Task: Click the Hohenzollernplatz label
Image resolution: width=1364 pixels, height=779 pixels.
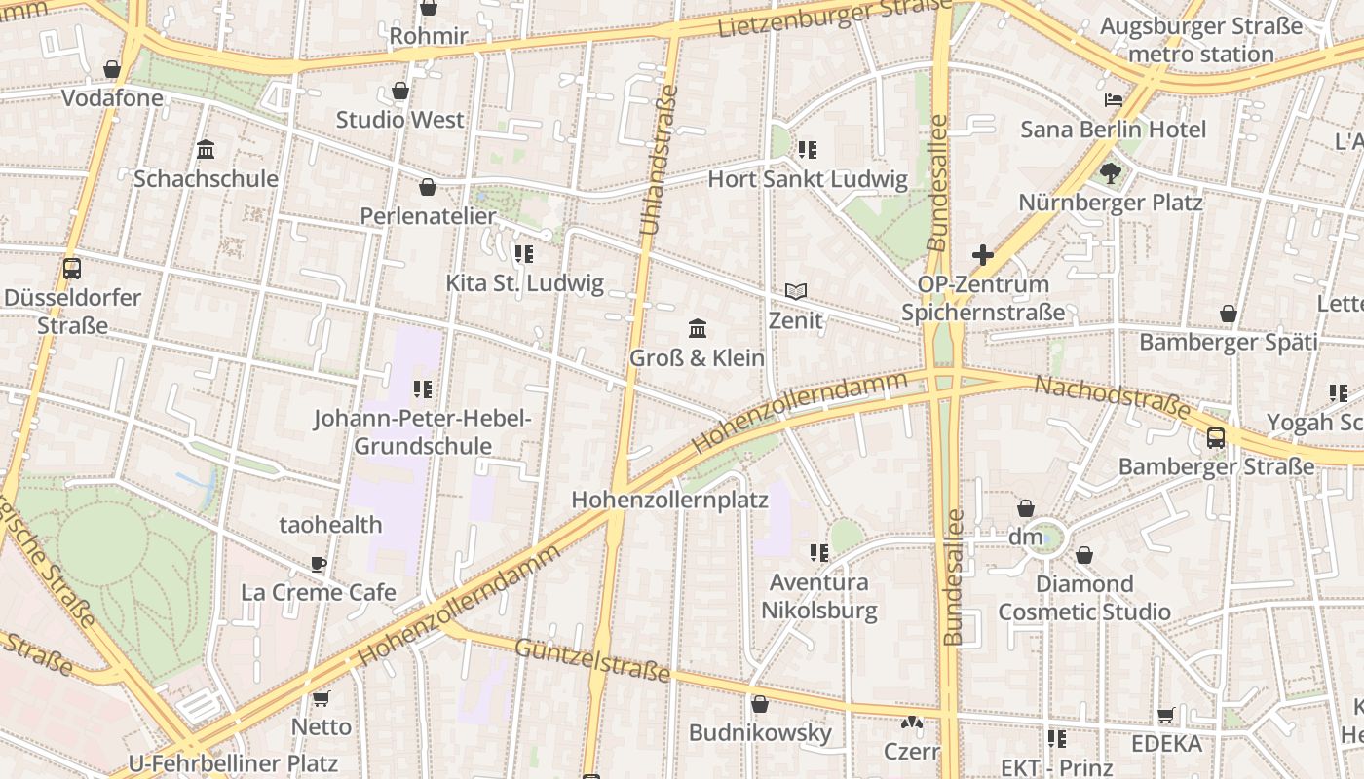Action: click(x=669, y=501)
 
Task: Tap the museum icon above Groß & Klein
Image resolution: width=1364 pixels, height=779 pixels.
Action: click(x=698, y=328)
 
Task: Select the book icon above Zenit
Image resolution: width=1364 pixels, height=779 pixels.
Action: click(x=796, y=291)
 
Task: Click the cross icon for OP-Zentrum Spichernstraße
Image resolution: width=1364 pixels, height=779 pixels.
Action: click(x=983, y=255)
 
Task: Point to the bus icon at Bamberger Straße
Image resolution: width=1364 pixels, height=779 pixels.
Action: click(x=1216, y=437)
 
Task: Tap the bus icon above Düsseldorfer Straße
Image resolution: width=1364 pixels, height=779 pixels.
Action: click(x=72, y=269)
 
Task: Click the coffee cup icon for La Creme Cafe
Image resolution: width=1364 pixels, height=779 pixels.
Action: click(x=319, y=564)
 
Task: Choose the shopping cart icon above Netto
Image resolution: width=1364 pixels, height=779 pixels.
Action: click(x=322, y=698)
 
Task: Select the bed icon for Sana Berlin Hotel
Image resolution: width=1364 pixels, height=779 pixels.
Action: click(x=1114, y=100)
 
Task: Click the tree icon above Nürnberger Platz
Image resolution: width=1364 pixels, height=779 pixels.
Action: click(x=1110, y=173)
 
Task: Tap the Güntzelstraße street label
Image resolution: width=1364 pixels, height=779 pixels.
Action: click(x=592, y=660)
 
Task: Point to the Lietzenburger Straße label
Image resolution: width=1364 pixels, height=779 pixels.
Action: click(x=834, y=19)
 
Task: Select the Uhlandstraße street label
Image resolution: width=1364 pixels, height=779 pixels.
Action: click(x=660, y=160)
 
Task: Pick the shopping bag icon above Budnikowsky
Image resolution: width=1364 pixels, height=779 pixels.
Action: click(x=760, y=704)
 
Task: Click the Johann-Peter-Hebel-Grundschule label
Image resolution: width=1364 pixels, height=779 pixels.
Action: click(x=422, y=432)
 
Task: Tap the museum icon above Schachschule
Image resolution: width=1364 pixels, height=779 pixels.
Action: click(x=206, y=150)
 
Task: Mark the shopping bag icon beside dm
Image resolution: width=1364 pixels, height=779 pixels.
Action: click(x=1026, y=508)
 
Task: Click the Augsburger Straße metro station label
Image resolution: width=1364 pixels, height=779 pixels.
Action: click(x=1201, y=40)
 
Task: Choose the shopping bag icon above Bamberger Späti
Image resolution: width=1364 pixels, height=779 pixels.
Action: click(x=1229, y=314)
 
